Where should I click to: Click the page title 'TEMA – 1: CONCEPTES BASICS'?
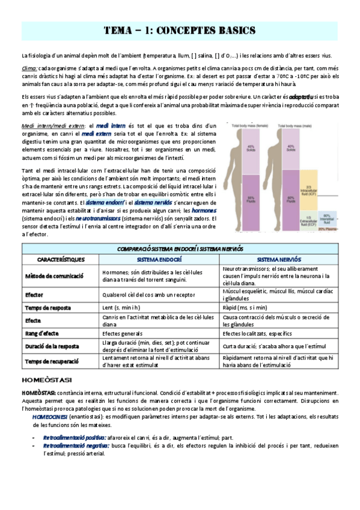pyautogui.click(x=180, y=30)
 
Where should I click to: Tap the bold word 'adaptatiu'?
pyautogui.click(x=301, y=96)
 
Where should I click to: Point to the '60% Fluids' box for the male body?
pyautogui.click(x=291, y=197)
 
